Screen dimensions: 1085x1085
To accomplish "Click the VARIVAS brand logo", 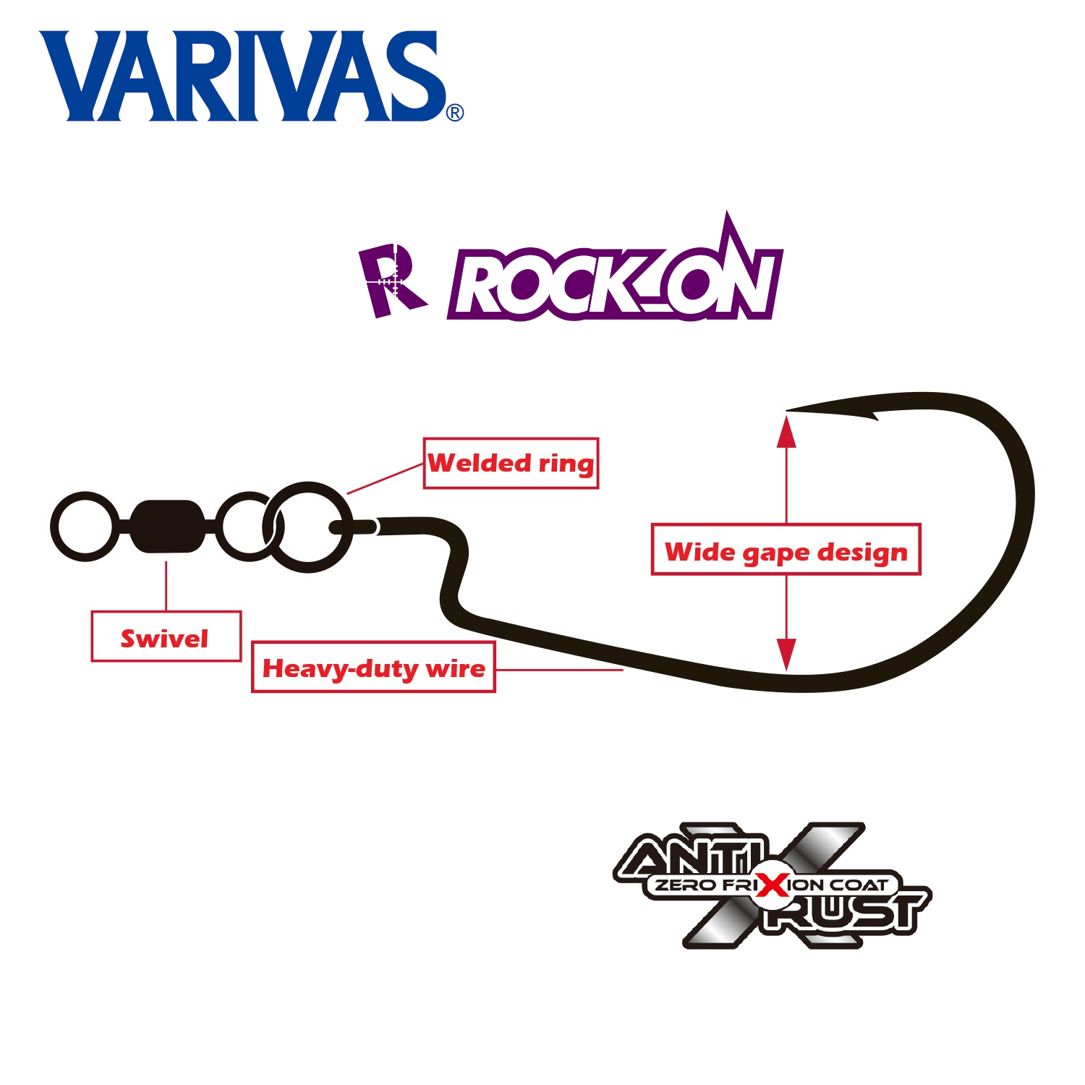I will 242,76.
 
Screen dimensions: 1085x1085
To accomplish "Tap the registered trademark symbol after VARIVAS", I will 455,113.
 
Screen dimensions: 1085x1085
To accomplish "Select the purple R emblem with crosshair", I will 391,281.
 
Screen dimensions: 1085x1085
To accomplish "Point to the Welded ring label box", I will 511,463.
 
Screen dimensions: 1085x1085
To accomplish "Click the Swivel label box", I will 166,637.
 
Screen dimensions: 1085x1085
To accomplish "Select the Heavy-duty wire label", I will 373,667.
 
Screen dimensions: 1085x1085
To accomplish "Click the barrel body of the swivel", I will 166,526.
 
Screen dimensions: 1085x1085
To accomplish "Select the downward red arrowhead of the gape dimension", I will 786,653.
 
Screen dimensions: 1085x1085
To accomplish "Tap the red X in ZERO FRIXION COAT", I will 773,884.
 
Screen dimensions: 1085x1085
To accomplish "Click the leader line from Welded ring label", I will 385,479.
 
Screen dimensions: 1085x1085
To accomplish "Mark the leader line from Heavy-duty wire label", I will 558,670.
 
